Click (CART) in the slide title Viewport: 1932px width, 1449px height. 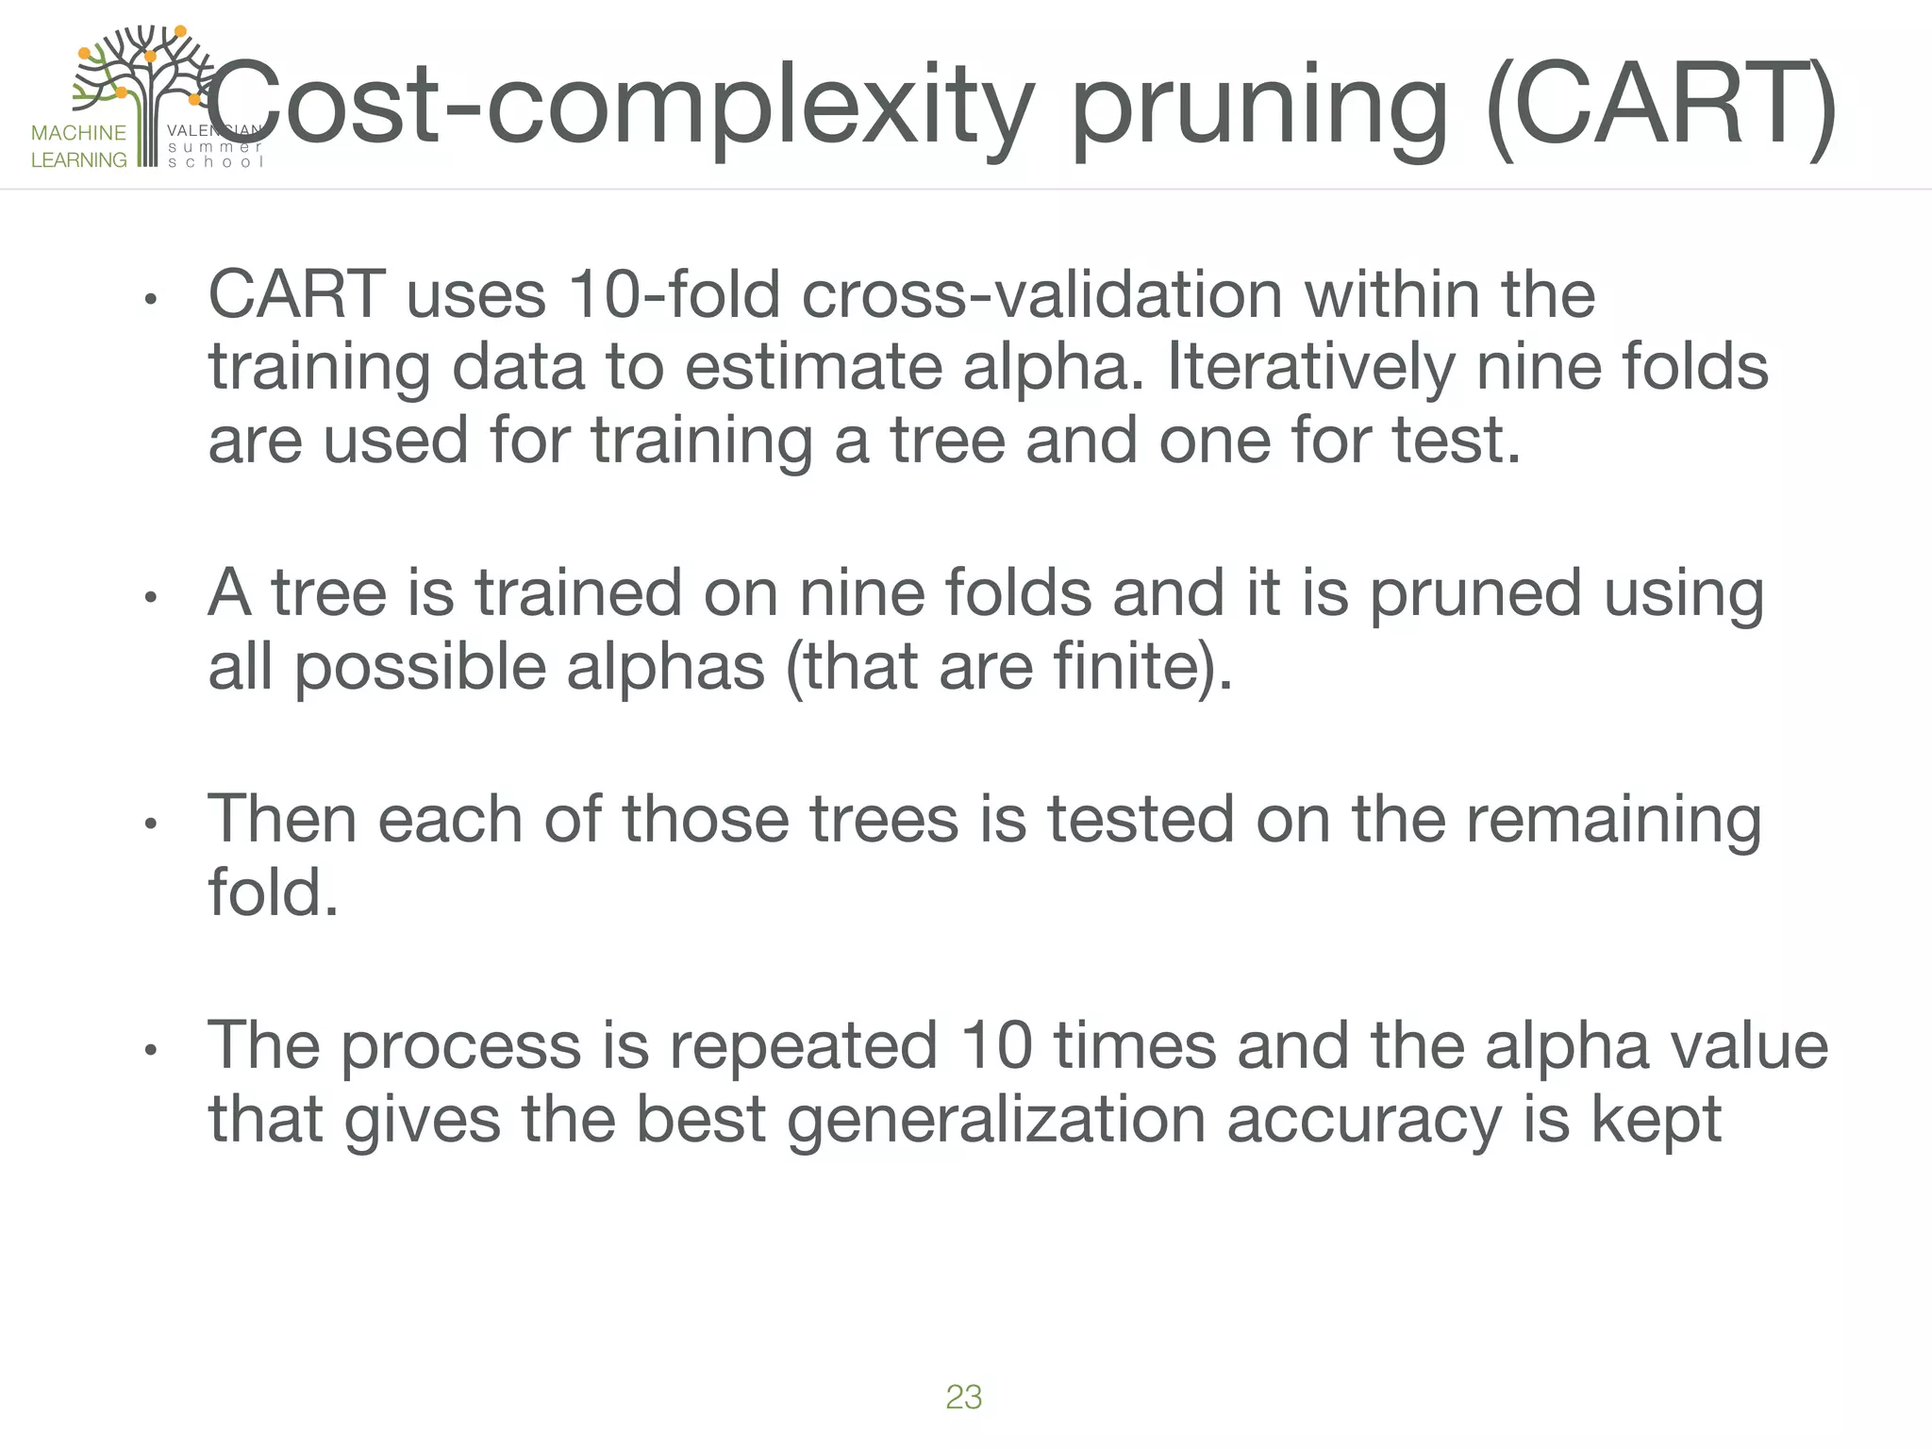pyautogui.click(x=1660, y=106)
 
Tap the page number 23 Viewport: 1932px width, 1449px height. pyautogui.click(x=963, y=1397)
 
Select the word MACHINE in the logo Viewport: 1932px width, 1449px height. pyautogui.click(x=78, y=133)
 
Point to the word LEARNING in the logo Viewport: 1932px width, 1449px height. pyautogui.click(x=78, y=160)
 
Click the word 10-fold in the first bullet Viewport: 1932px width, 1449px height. pyautogui.click(x=675, y=294)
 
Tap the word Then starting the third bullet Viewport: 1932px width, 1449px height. pyautogui.click(x=281, y=819)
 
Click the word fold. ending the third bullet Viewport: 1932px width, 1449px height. pyautogui.click(x=273, y=892)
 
